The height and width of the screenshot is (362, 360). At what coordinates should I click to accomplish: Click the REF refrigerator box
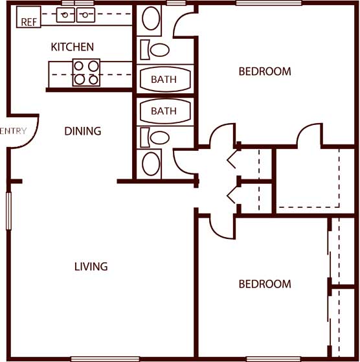pos(28,17)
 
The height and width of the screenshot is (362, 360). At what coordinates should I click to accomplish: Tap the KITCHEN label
pos(73,47)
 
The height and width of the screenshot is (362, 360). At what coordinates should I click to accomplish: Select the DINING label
pos(83,131)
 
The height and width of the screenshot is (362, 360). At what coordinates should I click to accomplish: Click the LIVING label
pos(91,266)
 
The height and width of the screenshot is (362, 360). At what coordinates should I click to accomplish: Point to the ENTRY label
pos(14,131)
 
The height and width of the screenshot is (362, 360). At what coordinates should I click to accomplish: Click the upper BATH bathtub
pos(165,79)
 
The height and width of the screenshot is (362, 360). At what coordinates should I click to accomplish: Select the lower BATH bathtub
pos(165,111)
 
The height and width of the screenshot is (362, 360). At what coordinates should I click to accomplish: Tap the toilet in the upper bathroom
pos(155,50)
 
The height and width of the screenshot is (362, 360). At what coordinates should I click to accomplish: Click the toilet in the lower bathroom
pos(155,137)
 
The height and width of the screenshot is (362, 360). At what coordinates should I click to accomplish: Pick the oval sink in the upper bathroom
pos(151,18)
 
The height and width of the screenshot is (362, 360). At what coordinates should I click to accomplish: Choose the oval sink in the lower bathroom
pos(151,163)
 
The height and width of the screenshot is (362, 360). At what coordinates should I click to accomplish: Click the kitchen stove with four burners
pos(86,73)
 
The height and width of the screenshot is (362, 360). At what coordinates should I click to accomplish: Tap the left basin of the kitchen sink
pos(65,15)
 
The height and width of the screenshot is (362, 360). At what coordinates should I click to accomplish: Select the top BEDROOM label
pos(265,71)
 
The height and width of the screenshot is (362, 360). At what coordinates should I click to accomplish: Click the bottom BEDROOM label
pos(265,284)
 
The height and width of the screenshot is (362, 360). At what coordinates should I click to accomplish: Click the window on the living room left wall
pos(8,211)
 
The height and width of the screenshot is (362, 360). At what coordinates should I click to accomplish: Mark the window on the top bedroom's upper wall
pos(269,3)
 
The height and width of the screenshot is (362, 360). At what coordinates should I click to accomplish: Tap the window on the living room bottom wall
pos(105,359)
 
